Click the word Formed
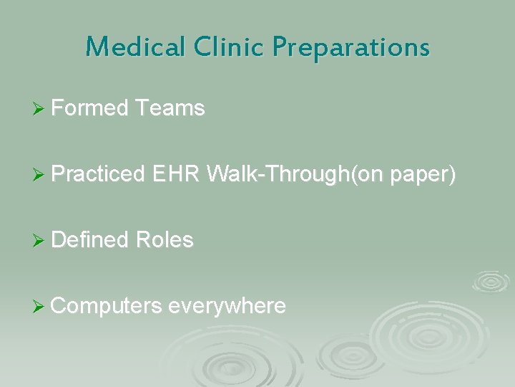point(90,108)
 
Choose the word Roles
point(165,240)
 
